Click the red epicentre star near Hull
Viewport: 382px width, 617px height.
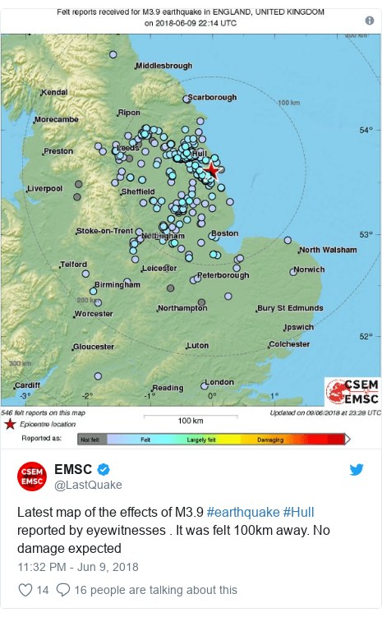211,170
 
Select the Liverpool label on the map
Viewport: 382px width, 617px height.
44,188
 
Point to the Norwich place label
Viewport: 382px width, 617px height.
310,269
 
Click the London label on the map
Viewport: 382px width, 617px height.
219,382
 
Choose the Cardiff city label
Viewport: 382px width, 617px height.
27,384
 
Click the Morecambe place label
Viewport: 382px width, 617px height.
57,119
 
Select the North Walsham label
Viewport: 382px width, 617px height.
328,250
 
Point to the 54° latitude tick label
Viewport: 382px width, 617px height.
367,130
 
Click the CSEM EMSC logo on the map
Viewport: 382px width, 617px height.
352,391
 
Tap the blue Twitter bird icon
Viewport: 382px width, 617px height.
356,470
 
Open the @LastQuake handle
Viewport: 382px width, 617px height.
88,485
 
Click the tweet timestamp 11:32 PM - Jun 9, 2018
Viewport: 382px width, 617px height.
78,567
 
